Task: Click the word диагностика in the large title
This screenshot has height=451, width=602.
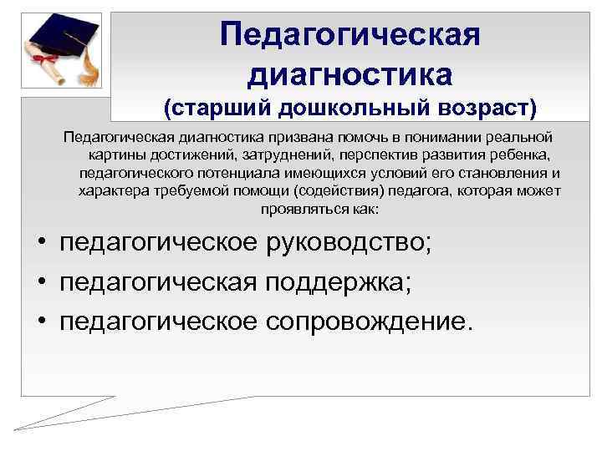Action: pyautogui.click(x=350, y=74)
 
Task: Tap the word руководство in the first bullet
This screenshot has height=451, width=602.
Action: pyautogui.click(x=348, y=244)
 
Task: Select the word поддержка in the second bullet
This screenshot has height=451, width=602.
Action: pyautogui.click(x=338, y=282)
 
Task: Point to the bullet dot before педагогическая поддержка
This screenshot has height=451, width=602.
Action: pyautogui.click(x=40, y=283)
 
